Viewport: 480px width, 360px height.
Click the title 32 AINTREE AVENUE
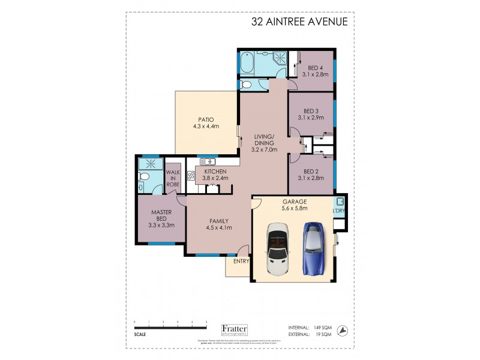point(299,22)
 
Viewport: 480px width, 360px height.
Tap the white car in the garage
point(278,249)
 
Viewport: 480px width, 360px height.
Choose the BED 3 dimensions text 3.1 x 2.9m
point(311,118)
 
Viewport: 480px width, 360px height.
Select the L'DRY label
point(338,212)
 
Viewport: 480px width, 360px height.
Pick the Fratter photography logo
point(239,329)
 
